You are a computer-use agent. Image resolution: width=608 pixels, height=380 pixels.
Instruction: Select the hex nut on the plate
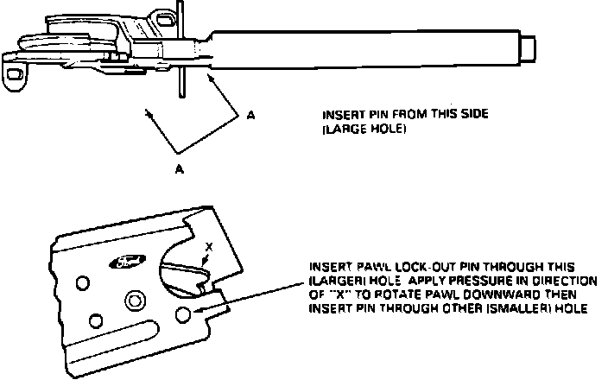[x=134, y=300]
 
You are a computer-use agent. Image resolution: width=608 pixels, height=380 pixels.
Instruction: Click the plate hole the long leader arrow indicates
[x=183, y=315]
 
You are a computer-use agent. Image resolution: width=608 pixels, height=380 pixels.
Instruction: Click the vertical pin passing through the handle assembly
[x=179, y=52]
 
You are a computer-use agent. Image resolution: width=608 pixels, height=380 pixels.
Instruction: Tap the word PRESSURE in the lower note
[x=459, y=282]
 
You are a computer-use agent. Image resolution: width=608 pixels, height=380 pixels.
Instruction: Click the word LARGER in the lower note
[x=335, y=282]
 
